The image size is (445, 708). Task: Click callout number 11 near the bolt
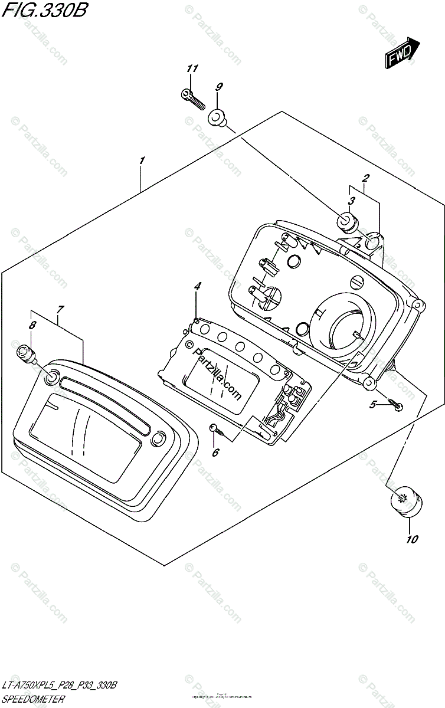191,70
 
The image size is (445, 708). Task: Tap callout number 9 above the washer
218,87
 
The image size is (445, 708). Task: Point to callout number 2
366,178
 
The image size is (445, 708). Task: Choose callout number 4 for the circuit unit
198,286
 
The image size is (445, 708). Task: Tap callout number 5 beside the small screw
372,405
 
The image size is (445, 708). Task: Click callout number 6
215,453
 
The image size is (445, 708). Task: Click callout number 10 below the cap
411,539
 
